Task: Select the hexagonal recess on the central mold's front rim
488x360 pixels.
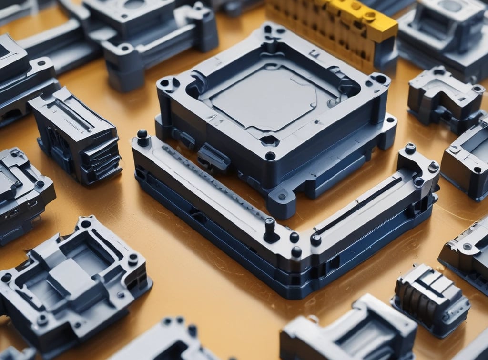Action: pyautogui.click(x=269, y=140)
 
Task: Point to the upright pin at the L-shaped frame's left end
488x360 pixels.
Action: pyautogui.click(x=142, y=137)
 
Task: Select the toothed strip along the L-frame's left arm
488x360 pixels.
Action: pyautogui.click(x=214, y=181)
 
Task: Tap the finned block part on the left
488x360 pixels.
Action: pyautogui.click(x=76, y=136)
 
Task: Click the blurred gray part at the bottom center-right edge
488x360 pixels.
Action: pyautogui.click(x=348, y=331)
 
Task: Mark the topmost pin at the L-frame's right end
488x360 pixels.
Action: pyautogui.click(x=410, y=149)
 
